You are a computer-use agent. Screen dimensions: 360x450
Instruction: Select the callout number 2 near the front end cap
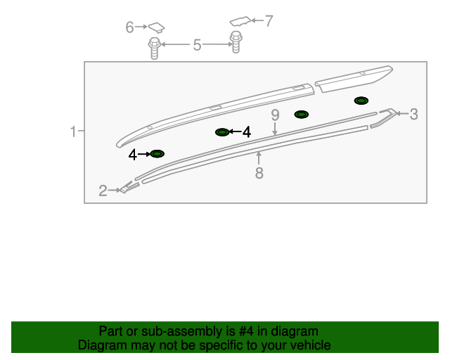click(103, 191)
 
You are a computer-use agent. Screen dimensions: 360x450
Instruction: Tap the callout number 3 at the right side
click(413, 113)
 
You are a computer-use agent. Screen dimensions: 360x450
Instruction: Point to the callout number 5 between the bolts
click(198, 46)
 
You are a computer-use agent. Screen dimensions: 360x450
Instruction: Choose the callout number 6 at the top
click(129, 27)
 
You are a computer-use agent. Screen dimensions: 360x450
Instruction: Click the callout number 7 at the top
click(268, 21)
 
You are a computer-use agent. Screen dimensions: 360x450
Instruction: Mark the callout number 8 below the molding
click(259, 172)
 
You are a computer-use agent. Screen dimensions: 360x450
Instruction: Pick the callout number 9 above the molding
click(275, 115)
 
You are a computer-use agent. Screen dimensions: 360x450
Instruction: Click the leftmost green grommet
click(157, 153)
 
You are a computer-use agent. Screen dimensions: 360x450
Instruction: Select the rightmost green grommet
click(361, 101)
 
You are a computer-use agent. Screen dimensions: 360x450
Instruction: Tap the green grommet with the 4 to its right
click(222, 132)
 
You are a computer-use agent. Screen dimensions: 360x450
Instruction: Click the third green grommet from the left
click(301, 114)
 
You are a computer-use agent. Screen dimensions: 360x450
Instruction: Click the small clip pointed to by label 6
click(157, 27)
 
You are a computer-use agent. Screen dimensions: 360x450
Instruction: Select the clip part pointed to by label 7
click(240, 20)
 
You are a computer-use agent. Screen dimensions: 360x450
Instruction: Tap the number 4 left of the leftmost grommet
click(133, 154)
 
